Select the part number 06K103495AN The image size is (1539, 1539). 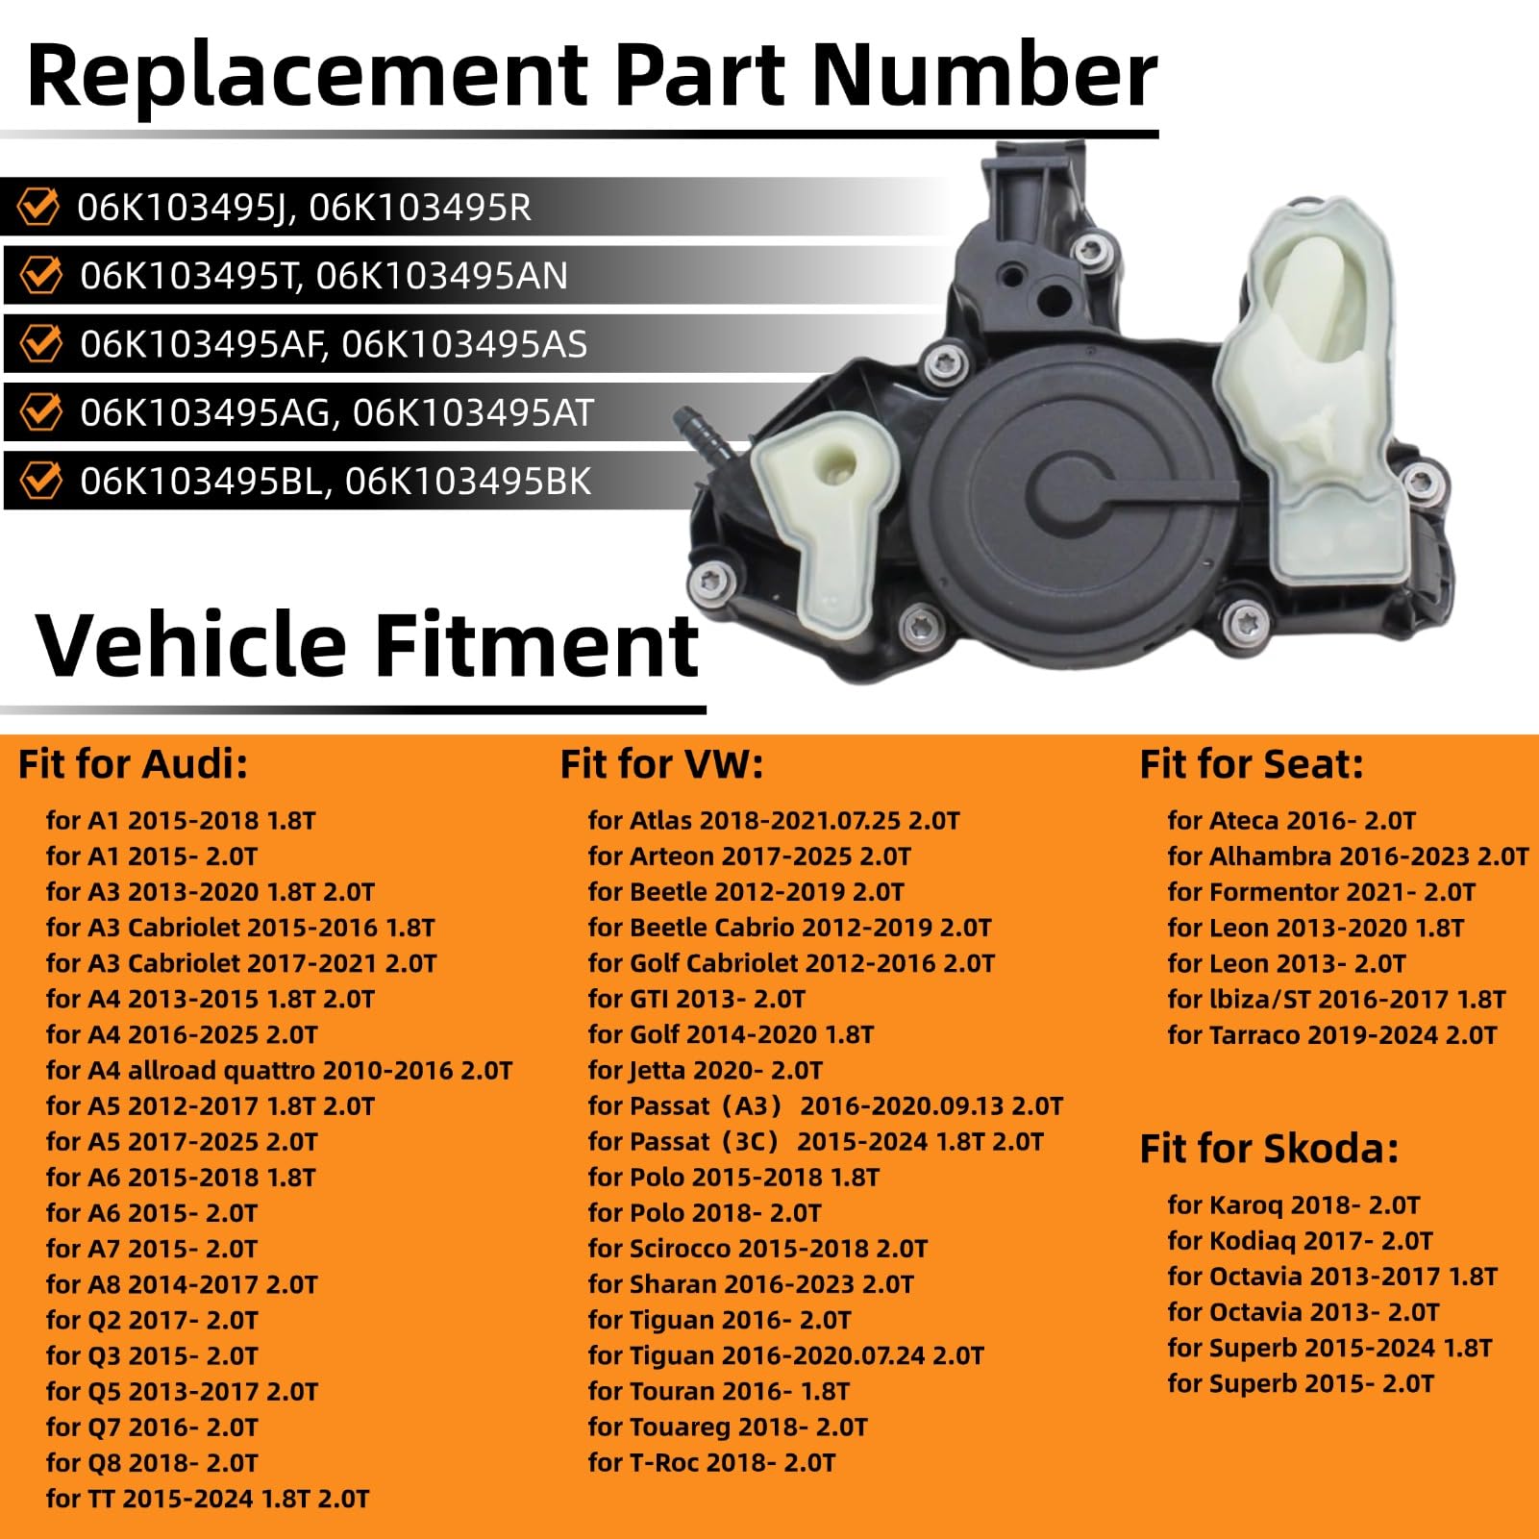coord(441,276)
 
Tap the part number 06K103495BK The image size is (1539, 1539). coord(467,482)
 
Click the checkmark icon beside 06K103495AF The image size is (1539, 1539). coord(41,344)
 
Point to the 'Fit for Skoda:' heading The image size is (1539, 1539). coord(1269,1149)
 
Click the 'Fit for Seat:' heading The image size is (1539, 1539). coord(1252,764)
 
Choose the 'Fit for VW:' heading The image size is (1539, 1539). coord(661,764)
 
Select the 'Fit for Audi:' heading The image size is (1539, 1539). coord(133,764)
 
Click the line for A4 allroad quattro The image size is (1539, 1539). coord(279,1070)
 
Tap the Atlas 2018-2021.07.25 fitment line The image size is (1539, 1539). coord(774,820)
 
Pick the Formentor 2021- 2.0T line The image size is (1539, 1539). coord(1321,892)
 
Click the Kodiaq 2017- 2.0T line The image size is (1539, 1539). coord(1300,1241)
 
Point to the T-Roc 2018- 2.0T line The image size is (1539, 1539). coord(711,1462)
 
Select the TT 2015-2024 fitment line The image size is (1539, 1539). coord(208,1498)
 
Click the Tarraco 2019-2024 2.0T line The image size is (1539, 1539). coord(1332,1035)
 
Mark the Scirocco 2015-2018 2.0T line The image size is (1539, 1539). coord(757,1249)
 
